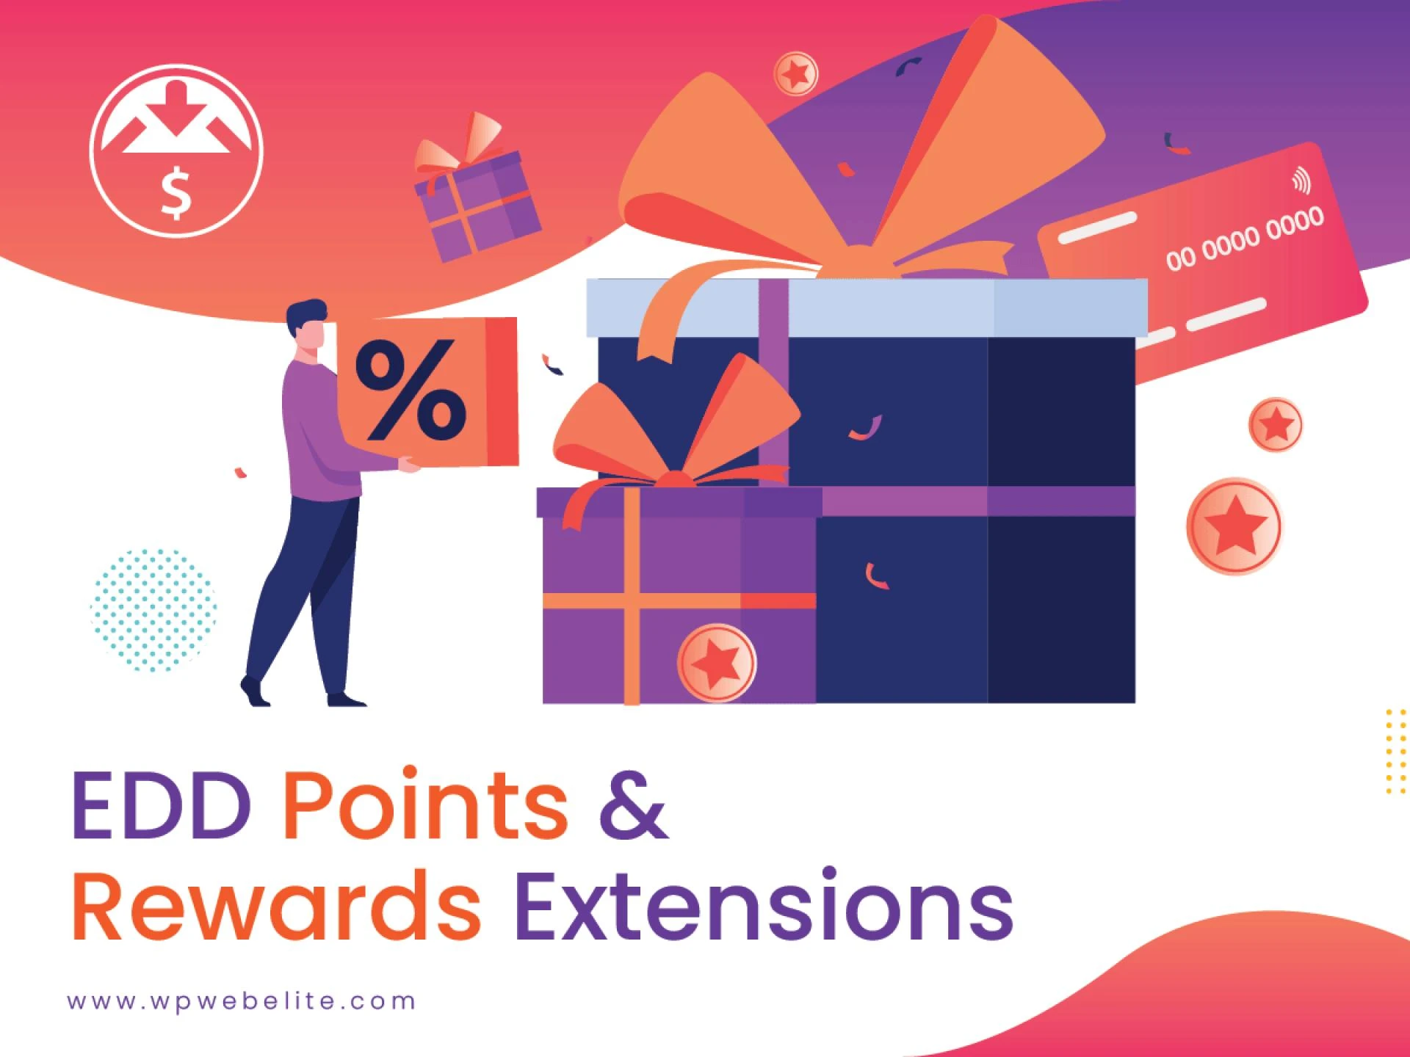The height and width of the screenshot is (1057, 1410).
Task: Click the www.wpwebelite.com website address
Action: click(x=242, y=1002)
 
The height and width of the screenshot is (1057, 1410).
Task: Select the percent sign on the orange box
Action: click(x=411, y=390)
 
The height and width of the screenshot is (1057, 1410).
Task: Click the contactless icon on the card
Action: click(x=1301, y=180)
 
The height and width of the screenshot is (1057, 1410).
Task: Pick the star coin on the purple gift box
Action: click(x=717, y=662)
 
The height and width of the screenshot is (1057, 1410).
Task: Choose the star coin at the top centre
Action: click(x=796, y=73)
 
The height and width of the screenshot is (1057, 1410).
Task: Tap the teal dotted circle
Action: click(x=153, y=609)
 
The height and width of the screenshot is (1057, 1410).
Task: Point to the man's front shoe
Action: click(x=346, y=700)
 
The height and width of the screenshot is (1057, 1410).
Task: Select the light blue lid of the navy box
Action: click(x=867, y=308)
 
